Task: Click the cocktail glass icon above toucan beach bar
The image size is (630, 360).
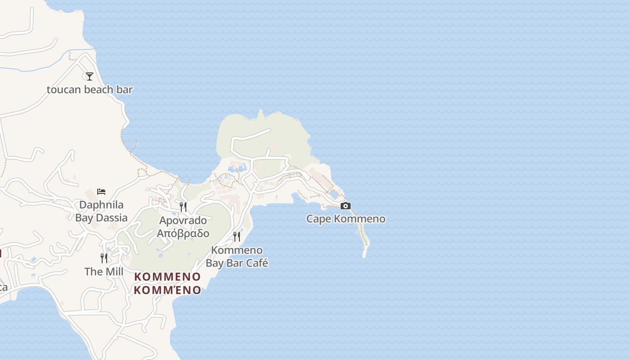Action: click(90, 76)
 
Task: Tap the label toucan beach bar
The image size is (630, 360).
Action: click(90, 90)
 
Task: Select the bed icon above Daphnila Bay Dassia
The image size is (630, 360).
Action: click(101, 192)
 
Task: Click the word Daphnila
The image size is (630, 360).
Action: click(101, 205)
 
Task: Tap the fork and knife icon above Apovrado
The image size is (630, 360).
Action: click(183, 207)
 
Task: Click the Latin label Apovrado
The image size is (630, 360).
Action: click(183, 220)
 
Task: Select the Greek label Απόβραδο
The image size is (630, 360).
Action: click(183, 233)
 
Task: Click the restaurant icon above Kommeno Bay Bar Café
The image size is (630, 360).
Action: click(237, 237)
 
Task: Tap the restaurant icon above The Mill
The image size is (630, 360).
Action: click(104, 258)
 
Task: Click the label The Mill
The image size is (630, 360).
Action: click(104, 272)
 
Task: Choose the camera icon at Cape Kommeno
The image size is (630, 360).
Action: click(346, 206)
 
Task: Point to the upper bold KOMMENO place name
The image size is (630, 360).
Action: click(167, 277)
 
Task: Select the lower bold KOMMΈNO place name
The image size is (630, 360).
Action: click(167, 290)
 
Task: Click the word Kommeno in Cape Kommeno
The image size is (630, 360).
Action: click(360, 219)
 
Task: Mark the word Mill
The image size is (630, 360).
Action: click(114, 272)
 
